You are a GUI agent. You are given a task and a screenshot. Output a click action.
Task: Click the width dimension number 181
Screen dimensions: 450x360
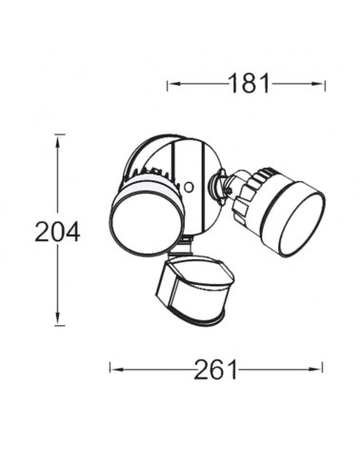[x=250, y=84]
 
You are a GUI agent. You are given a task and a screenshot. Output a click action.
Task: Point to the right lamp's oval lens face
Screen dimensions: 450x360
[x=298, y=219]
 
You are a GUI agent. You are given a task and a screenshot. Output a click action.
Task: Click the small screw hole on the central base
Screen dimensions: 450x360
[x=190, y=185]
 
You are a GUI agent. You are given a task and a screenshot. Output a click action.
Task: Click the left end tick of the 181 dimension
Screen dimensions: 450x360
[x=168, y=84]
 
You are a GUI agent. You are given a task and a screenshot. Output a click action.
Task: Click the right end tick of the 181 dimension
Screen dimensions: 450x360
[x=325, y=84]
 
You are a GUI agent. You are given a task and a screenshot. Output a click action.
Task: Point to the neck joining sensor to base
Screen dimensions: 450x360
[x=188, y=246]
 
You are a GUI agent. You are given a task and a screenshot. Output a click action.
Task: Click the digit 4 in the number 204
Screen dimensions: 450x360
[x=72, y=231]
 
